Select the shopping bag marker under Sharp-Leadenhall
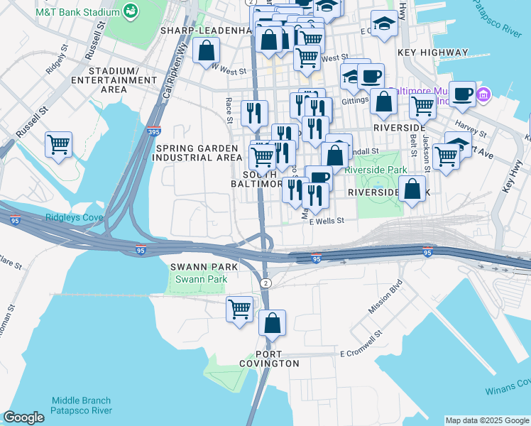(x=205, y=50)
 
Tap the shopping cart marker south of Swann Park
(x=240, y=309)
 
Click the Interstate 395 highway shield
(x=155, y=131)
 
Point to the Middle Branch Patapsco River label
(x=81, y=405)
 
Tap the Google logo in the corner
(x=23, y=417)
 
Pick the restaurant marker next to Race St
(x=253, y=113)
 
